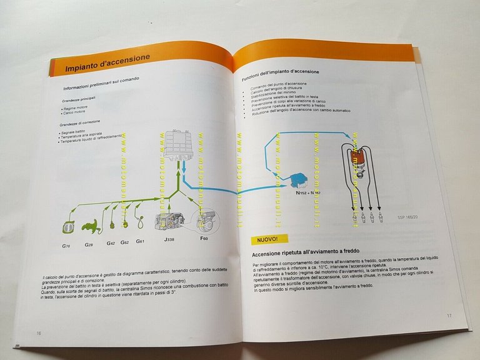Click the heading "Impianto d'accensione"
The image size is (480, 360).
[x=107, y=64]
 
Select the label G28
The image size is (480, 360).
[x=90, y=244]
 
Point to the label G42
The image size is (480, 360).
[x=111, y=243]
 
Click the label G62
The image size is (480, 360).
[x=124, y=242]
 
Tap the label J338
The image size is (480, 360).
[x=170, y=239]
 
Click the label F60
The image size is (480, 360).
[x=204, y=238]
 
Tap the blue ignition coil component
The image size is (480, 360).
[x=297, y=179]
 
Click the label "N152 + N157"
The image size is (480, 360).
[x=309, y=193]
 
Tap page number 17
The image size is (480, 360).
[x=449, y=315]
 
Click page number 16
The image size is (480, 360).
[x=39, y=333]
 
